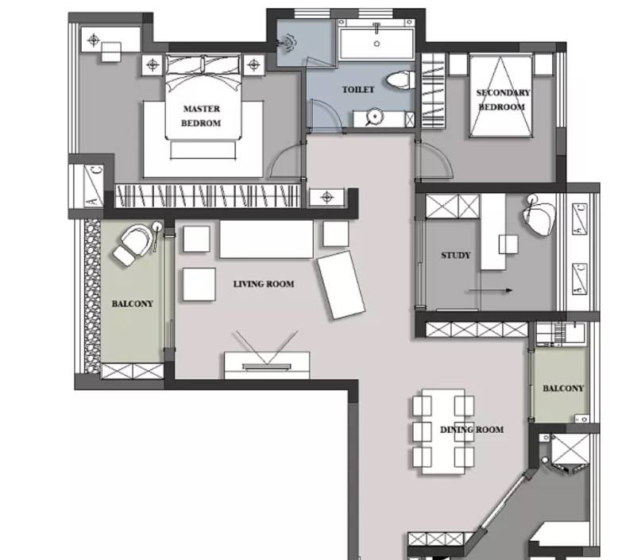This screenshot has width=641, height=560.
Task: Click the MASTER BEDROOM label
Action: pyautogui.click(x=201, y=116)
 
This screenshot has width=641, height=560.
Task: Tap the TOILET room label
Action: pyautogui.click(x=358, y=90)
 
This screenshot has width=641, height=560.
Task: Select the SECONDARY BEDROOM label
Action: pyautogui.click(x=503, y=100)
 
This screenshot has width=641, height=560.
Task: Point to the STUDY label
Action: pyautogui.click(x=456, y=256)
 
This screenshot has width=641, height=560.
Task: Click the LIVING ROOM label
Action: pyautogui.click(x=264, y=284)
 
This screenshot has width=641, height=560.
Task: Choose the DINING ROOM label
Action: pyautogui.click(x=472, y=430)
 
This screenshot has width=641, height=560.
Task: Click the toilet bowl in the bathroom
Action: pyautogui.click(x=400, y=79)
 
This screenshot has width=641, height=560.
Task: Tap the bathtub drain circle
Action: pyautogui.click(x=377, y=44)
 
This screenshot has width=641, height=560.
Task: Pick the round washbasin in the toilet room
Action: pyautogui.click(x=374, y=117)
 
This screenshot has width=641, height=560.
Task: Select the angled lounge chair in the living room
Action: pyautogui.click(x=342, y=285)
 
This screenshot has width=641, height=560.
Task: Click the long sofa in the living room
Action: pyautogui.click(x=267, y=239)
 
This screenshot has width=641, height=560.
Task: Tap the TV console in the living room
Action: pyautogui.click(x=267, y=365)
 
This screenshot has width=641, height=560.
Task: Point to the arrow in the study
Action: pyautogui.click(x=490, y=291)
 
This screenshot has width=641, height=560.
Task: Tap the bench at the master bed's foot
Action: pyautogui.click(x=203, y=150)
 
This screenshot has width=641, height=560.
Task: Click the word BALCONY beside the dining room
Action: pyautogui.click(x=563, y=388)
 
